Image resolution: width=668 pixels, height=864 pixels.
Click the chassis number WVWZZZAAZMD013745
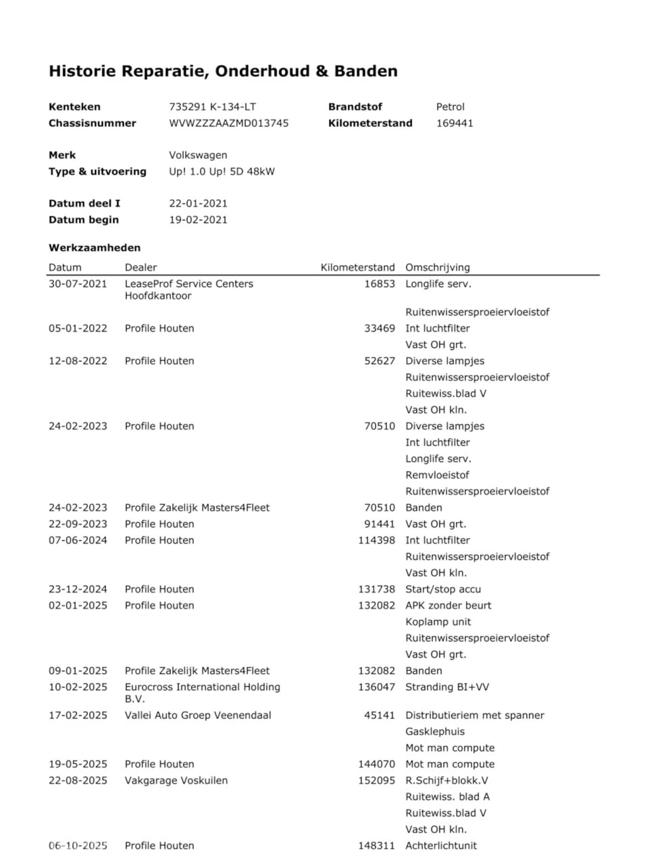229,123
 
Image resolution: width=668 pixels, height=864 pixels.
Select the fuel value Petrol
450,107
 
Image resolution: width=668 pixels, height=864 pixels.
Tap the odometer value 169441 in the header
455,123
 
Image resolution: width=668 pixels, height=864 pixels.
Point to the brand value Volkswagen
198,155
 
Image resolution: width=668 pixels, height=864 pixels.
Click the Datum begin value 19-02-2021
198,220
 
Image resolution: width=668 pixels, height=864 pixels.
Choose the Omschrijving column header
437,267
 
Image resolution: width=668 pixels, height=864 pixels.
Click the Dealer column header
140,267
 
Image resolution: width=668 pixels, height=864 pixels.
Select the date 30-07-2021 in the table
78,284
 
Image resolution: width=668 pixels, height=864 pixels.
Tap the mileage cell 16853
379,284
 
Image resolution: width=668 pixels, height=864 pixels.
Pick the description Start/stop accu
443,589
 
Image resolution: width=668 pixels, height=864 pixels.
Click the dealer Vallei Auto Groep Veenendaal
198,715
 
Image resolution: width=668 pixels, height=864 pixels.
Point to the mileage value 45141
379,715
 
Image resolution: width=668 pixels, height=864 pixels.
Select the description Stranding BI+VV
447,687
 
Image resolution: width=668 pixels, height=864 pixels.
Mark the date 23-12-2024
78,589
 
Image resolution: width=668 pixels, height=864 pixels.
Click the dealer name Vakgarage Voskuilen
176,781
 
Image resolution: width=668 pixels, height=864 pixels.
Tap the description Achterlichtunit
441,846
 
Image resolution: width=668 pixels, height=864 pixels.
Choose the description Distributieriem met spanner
474,715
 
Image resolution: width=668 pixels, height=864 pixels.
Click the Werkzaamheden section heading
94,248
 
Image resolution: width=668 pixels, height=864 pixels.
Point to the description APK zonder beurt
448,605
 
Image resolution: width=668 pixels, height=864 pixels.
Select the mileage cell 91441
379,524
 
